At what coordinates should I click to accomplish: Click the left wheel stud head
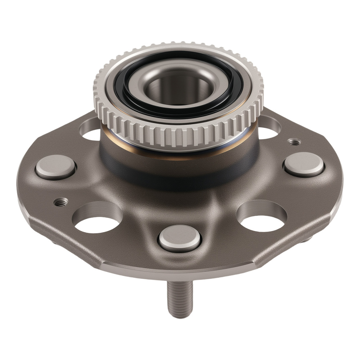55,167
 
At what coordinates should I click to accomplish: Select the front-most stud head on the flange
179,238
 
